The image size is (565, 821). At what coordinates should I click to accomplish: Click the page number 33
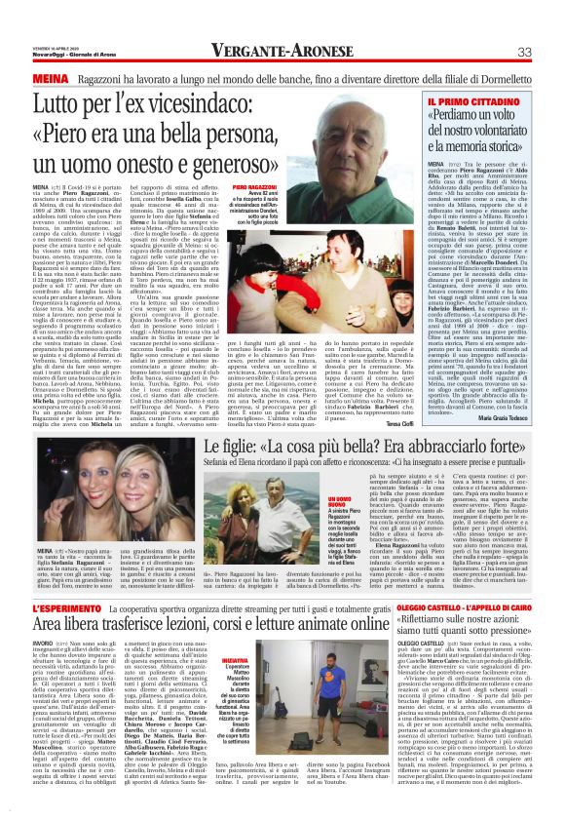click(523, 52)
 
